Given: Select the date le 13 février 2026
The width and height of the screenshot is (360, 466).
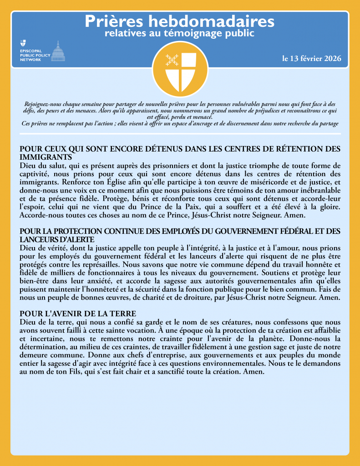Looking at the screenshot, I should click(x=311, y=59).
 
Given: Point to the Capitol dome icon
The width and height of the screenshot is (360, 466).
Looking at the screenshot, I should click(x=57, y=51).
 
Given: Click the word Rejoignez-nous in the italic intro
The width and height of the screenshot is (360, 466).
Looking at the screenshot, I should click(x=44, y=104).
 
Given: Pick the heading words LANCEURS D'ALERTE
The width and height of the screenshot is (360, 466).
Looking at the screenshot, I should click(x=57, y=239).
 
